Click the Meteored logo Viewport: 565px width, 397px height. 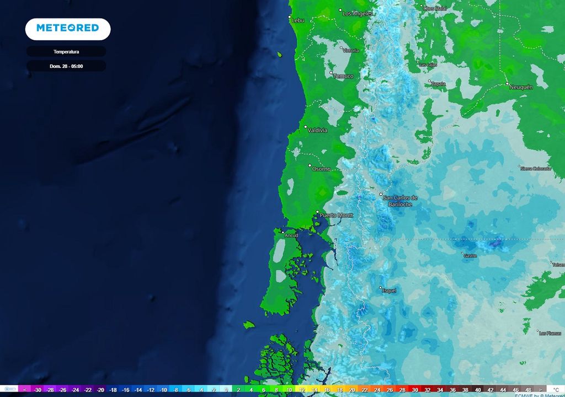67,28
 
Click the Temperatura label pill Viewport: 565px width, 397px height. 66,52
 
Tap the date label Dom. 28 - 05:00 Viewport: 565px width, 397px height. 66,66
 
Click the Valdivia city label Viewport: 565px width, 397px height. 317,131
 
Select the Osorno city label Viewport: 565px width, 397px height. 321,169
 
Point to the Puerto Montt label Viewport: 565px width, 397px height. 336,215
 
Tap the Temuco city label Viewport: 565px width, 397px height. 343,76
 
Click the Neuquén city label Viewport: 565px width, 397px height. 521,87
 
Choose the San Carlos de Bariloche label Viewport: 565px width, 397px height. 400,201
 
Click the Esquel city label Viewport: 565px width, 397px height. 389,291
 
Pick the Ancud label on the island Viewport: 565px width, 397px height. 291,235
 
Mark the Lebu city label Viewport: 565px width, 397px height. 298,20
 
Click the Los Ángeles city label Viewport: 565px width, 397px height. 358,13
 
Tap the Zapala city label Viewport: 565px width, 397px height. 438,84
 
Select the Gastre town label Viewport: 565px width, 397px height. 470,256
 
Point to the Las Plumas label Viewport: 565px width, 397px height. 550,333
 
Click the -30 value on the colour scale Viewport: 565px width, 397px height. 38,390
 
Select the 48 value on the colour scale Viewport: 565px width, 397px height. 529,390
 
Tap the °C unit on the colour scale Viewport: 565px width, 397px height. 556,390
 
